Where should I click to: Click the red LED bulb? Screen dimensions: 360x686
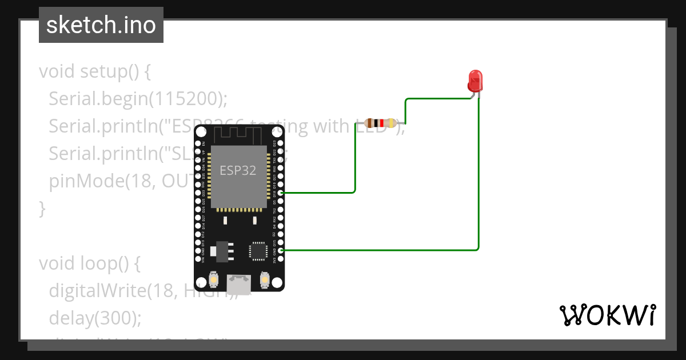pos(474,81)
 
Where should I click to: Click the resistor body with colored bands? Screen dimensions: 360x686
pos(381,123)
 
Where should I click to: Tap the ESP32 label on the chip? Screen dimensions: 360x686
pos(238,170)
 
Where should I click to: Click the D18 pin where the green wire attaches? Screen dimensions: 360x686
pos(280,193)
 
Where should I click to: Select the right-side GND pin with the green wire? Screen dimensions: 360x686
pos(280,250)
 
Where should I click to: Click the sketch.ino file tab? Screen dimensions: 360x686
pos(101,25)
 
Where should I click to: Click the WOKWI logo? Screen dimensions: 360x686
pos(607,315)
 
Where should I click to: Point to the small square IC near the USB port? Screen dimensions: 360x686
pos(258,251)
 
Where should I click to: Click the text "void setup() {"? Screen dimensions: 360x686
pos(94,71)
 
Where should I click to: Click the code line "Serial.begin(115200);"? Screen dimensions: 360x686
pos(138,98)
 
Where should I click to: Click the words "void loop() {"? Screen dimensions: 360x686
pos(90,263)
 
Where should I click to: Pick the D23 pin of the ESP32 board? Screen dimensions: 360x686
pos(280,143)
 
